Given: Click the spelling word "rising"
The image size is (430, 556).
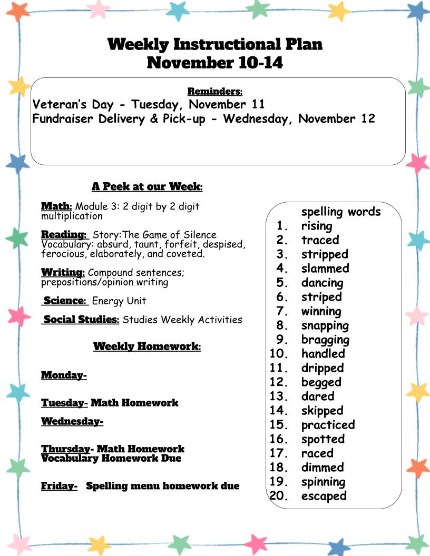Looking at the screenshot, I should coord(317,226).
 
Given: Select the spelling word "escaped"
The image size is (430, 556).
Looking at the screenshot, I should coord(324,496).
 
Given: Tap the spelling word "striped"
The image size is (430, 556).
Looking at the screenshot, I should coord(321,297).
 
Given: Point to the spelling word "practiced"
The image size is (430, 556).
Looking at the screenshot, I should coord(328,425).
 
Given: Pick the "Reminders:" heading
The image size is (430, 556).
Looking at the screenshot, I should coord(215,92).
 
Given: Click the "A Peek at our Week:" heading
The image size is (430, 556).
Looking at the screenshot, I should coord(147,186).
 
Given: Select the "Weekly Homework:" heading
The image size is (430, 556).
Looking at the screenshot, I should coord(147,346).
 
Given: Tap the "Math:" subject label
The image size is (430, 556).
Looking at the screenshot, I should coord(56,206).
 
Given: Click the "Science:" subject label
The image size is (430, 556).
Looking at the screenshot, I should coord(65,301).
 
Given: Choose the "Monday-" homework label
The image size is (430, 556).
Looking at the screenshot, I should coord(64,375).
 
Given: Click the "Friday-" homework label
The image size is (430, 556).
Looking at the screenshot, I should coord(60,486).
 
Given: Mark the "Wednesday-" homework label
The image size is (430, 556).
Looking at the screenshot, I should coord(72,421).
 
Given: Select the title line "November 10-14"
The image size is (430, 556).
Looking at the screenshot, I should coord(215,63).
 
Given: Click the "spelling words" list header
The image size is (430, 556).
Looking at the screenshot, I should coord(340,212).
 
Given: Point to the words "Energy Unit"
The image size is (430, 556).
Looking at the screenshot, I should coord(119,301).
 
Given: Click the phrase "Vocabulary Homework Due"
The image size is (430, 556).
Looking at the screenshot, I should coord(111,459).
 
